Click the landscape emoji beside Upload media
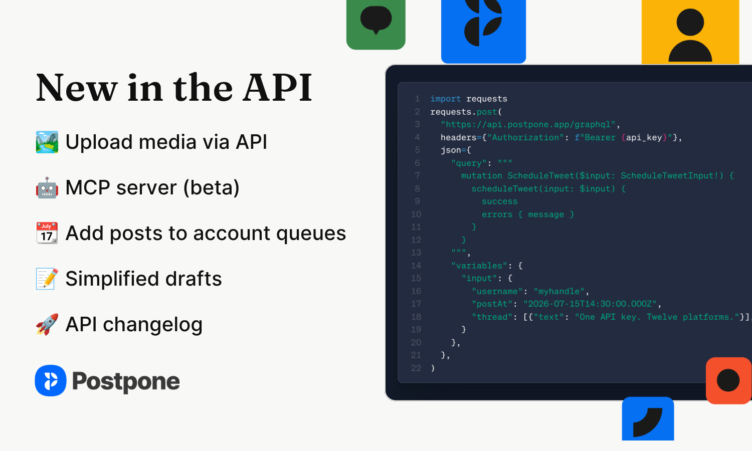click(47, 142)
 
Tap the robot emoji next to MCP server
click(47, 187)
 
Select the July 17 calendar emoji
click(47, 233)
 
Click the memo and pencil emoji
click(47, 279)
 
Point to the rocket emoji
click(47, 324)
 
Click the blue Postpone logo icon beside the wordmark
click(51, 380)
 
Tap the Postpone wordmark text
click(126, 382)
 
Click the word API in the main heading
click(277, 88)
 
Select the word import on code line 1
click(446, 99)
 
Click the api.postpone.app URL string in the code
click(528, 124)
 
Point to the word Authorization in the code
click(525, 137)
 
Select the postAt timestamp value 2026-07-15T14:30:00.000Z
click(590, 304)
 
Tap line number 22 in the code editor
click(416, 368)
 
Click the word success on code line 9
click(499, 201)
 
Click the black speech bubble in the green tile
click(376, 20)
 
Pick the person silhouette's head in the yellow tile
click(690, 22)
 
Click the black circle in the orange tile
click(728, 380)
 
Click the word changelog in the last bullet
click(153, 325)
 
